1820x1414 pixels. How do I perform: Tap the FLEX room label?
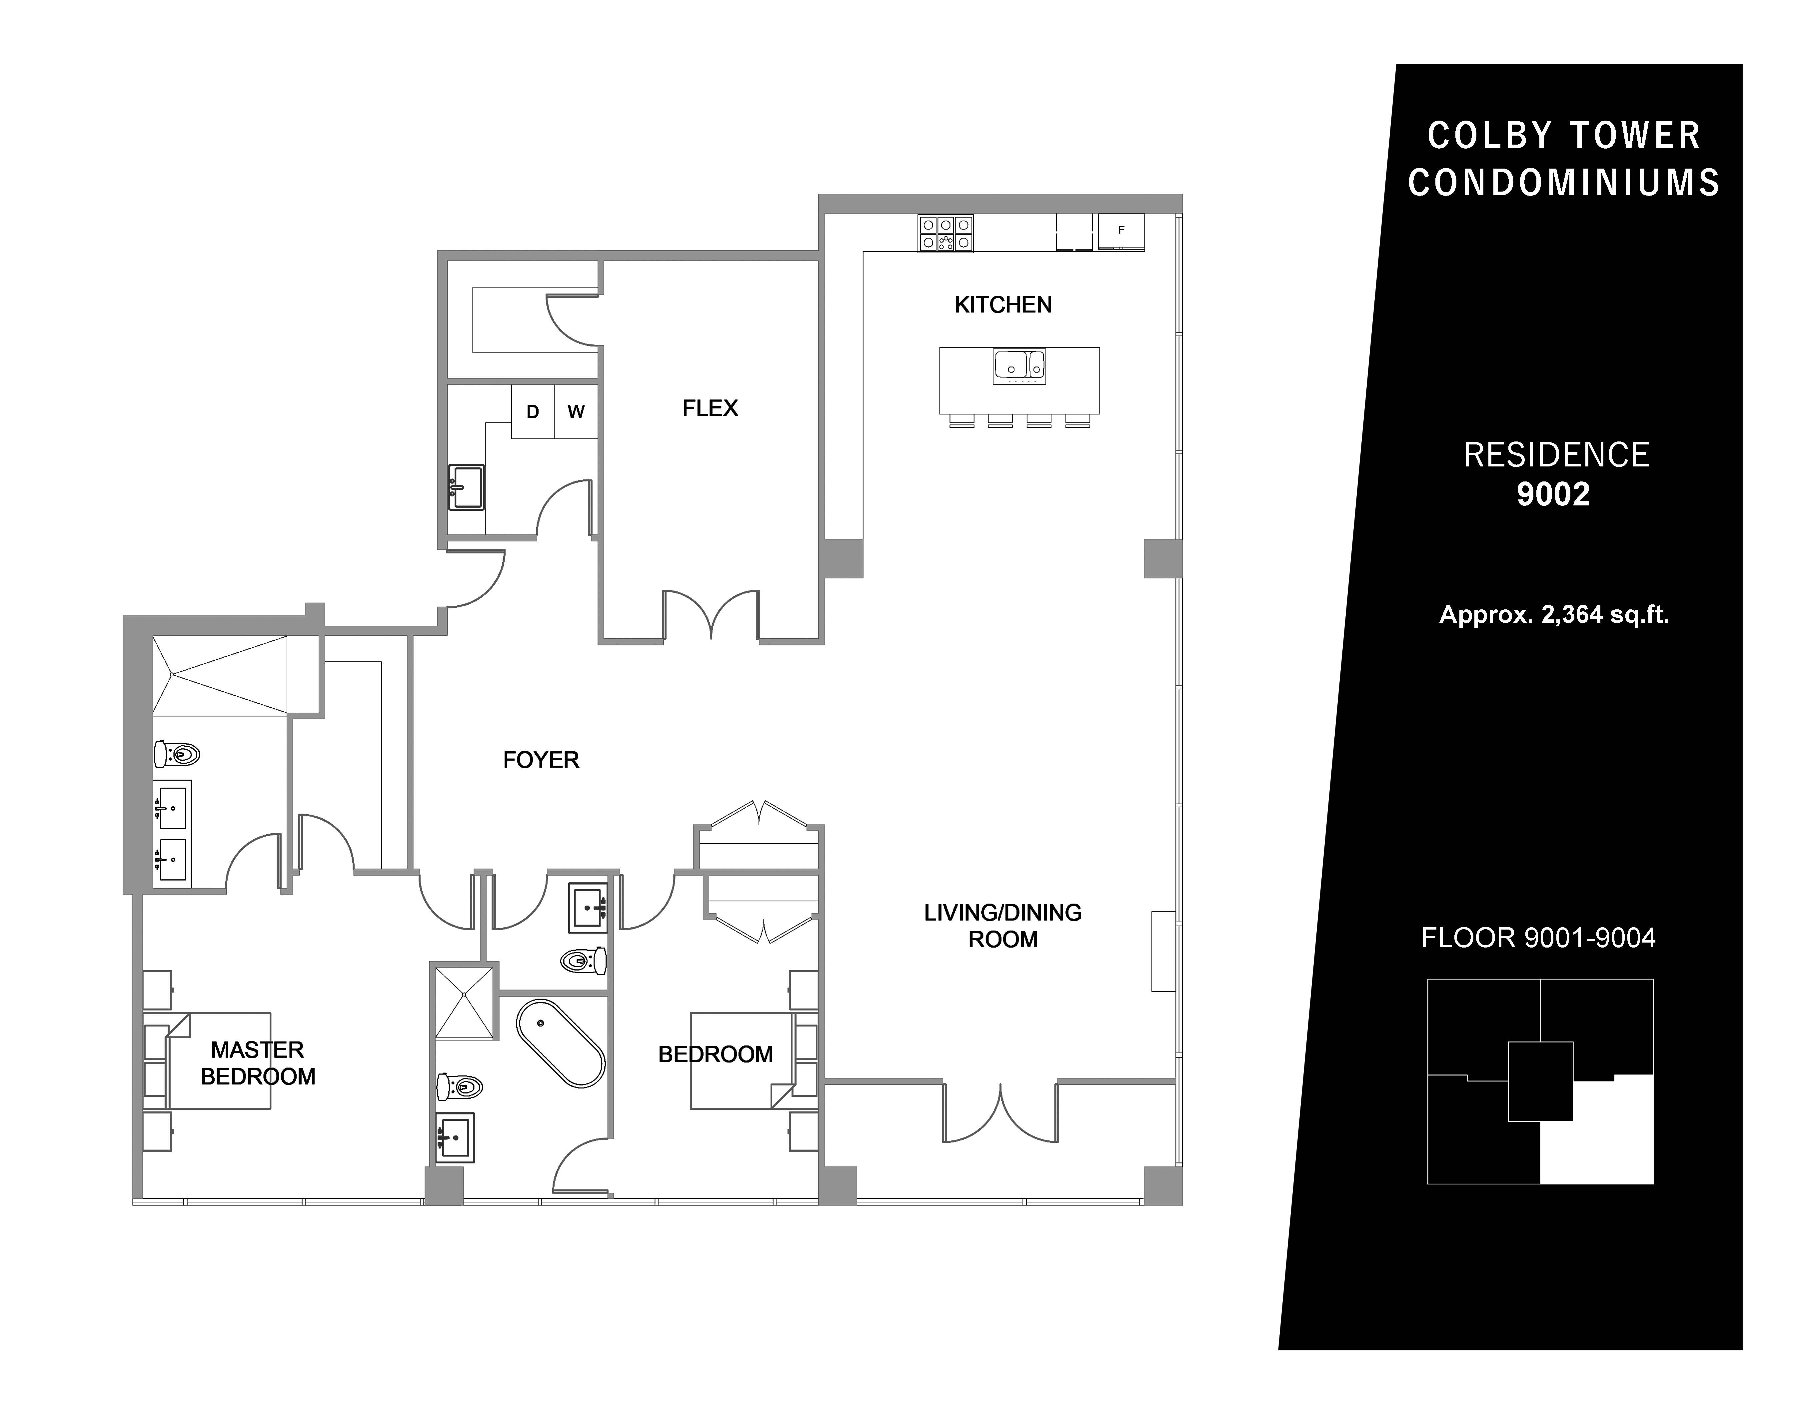(x=710, y=408)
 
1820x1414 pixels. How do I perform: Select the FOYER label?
(x=541, y=760)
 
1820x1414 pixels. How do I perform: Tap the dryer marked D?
(x=533, y=411)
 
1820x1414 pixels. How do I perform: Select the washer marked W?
(x=576, y=411)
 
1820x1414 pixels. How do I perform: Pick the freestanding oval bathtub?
(x=560, y=1043)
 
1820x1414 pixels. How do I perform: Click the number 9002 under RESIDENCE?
(x=1553, y=495)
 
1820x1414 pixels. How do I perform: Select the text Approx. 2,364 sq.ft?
(x=1554, y=615)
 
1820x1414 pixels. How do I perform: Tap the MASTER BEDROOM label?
(x=258, y=1063)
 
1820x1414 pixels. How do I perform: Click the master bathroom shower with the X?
(x=220, y=675)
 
